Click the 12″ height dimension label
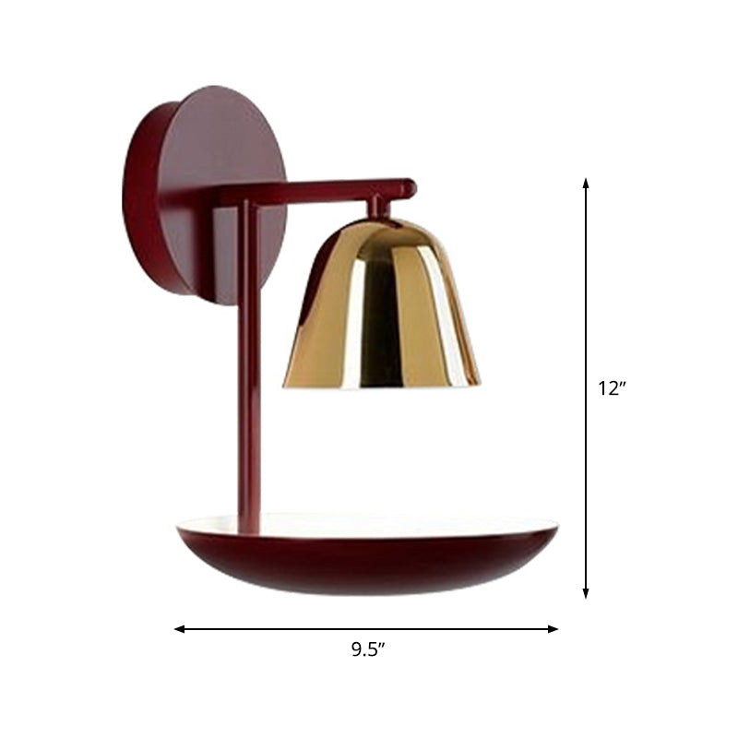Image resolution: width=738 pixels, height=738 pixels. tap(612, 388)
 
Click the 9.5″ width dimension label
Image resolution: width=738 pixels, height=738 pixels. tap(367, 649)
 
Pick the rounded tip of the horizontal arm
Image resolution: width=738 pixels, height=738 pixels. tap(409, 188)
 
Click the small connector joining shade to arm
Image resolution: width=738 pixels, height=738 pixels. tap(377, 208)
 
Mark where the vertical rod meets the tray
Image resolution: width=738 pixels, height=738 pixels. tap(250, 526)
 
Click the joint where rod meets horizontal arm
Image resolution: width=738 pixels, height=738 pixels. tap(247, 196)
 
